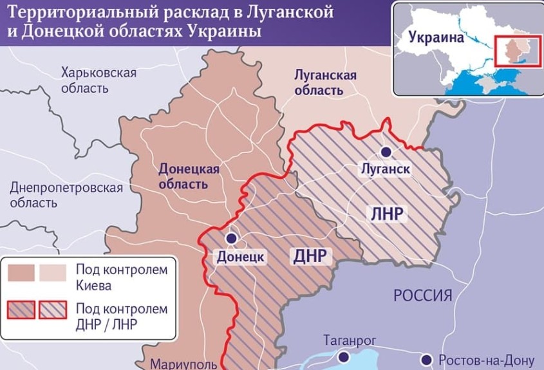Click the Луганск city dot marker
tap(386, 152)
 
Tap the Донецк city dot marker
tap(232, 238)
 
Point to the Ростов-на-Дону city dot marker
tap(426, 359)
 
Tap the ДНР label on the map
tap(312, 256)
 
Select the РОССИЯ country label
tap(422, 296)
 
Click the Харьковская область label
tap(98, 80)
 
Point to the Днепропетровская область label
tap(66, 195)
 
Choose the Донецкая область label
tap(189, 176)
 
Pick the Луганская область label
tap(324, 82)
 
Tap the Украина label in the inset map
tap(436, 37)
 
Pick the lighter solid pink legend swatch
tap(53, 273)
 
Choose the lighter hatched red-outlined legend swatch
tap(54, 311)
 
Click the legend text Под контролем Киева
tap(121, 277)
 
